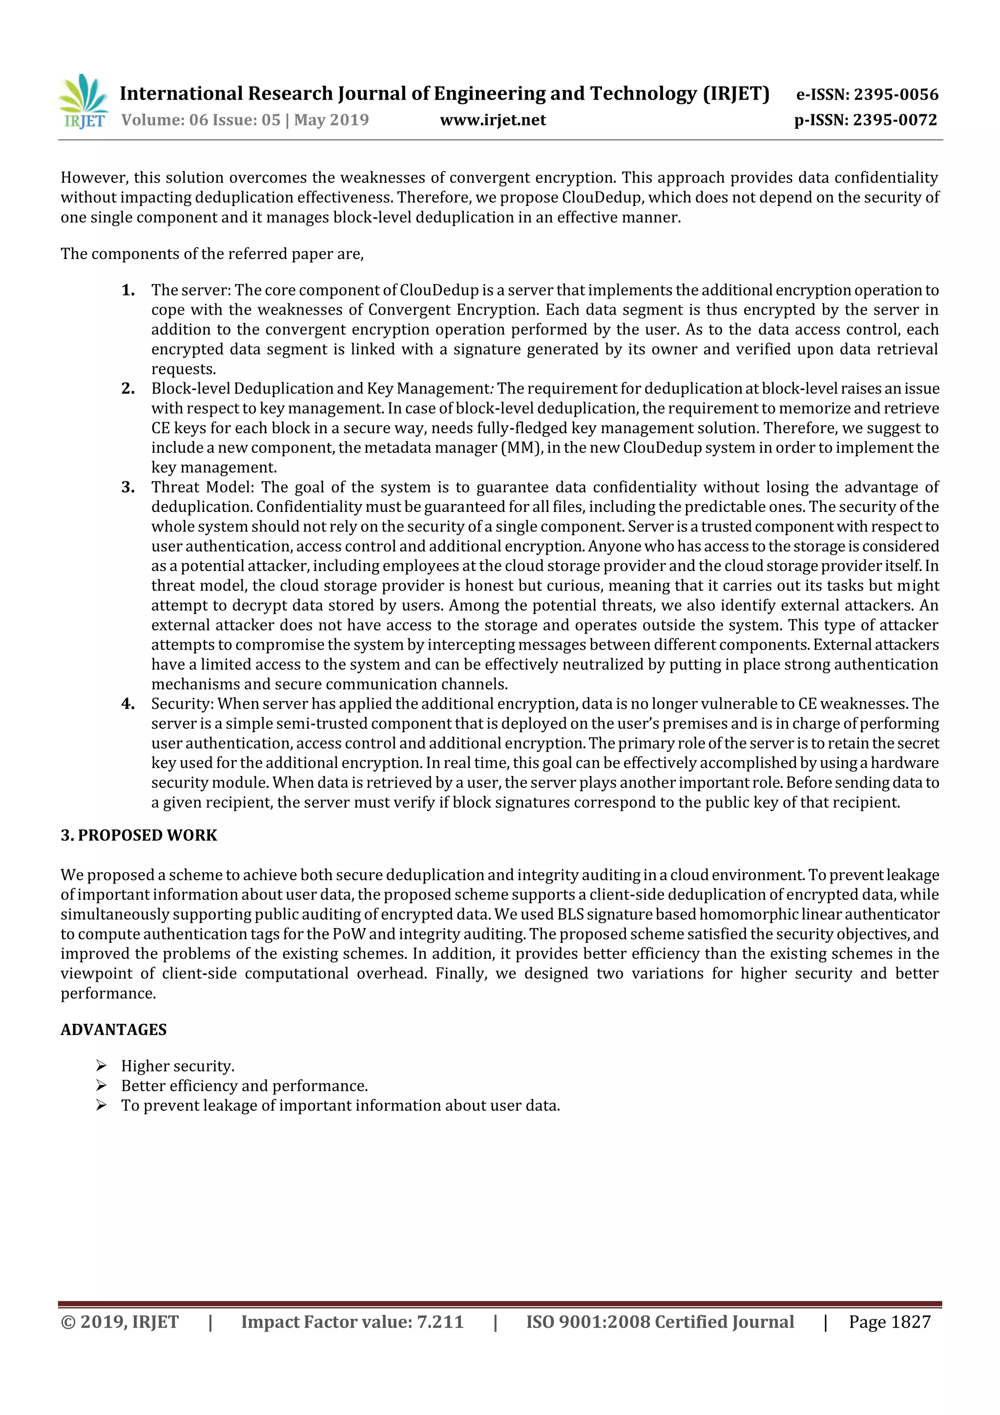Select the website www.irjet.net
coord(492,120)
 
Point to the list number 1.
coord(128,290)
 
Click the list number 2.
coord(128,389)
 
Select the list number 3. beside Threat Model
coord(128,487)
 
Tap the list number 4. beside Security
coord(128,704)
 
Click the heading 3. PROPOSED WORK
coord(139,835)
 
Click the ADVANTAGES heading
coord(113,1030)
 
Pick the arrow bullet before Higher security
coord(102,1066)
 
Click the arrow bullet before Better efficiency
coord(102,1085)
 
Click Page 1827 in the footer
coord(889,1321)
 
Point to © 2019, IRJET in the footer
coord(120,1321)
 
